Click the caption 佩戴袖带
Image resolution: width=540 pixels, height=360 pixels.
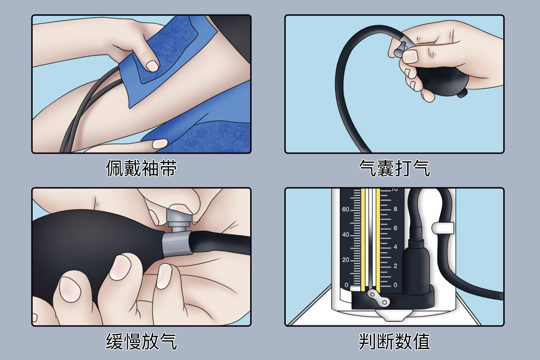click(141, 168)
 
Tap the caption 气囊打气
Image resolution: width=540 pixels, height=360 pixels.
click(395, 168)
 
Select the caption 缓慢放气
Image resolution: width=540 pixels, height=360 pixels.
click(141, 341)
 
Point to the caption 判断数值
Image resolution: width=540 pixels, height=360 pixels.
click(395, 341)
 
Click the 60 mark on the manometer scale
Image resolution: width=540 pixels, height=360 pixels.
click(346, 210)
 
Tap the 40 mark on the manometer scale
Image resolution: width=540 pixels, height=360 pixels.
click(346, 235)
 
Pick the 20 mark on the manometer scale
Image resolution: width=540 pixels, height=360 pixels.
click(346, 260)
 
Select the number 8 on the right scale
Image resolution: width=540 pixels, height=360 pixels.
click(395, 209)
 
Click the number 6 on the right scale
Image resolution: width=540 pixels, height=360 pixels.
click(395, 228)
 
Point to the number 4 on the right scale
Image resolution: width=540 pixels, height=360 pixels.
click(395, 247)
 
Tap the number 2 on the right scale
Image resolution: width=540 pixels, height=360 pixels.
click(395, 266)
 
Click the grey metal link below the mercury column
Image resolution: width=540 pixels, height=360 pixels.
click(378, 298)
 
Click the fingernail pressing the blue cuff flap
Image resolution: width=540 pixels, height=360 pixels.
click(152, 66)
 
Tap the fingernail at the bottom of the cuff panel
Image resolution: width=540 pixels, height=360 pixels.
click(159, 144)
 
